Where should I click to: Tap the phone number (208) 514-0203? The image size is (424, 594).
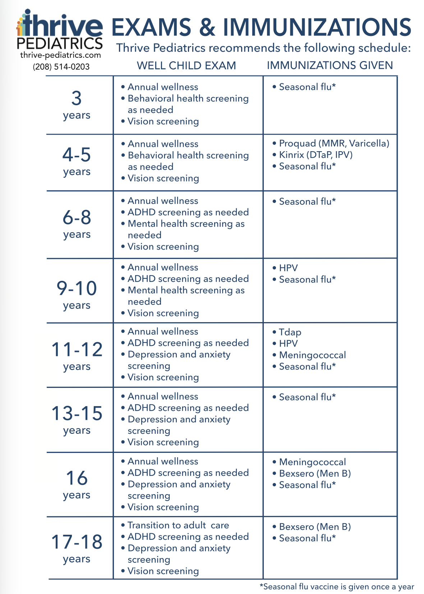coord(61,67)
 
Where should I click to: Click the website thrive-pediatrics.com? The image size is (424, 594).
coord(60,55)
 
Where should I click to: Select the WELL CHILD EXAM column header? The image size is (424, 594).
coord(186,66)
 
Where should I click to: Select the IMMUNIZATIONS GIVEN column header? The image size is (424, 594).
coord(329,65)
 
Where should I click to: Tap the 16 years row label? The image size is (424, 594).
coord(77,484)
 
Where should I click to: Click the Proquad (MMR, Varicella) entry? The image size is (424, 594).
coord(334,144)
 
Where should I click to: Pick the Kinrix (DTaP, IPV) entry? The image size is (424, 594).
coord(315,155)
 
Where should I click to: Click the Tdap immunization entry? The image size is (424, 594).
coord(290,332)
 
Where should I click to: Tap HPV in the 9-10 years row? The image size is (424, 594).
coord(288,268)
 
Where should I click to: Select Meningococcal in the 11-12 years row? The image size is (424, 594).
coord(312,355)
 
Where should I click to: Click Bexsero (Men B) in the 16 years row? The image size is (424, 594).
coord(315,473)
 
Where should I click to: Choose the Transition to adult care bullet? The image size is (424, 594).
coord(178,525)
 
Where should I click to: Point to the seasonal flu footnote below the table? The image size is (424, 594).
coord(337,587)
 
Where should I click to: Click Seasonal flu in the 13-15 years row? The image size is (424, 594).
coord(307,397)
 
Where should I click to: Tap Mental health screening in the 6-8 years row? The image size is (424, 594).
coord(186,224)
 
